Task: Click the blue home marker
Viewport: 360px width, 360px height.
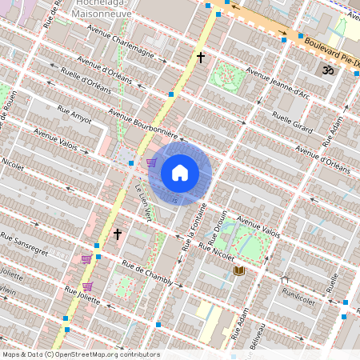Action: tap(180, 172)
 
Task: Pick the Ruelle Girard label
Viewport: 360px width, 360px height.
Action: tap(292, 121)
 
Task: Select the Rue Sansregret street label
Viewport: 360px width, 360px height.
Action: tap(24, 241)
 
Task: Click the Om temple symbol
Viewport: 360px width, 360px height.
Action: tap(326, 71)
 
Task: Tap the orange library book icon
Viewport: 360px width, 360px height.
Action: tap(238, 270)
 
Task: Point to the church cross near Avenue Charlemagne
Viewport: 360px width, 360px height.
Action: tap(202, 58)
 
